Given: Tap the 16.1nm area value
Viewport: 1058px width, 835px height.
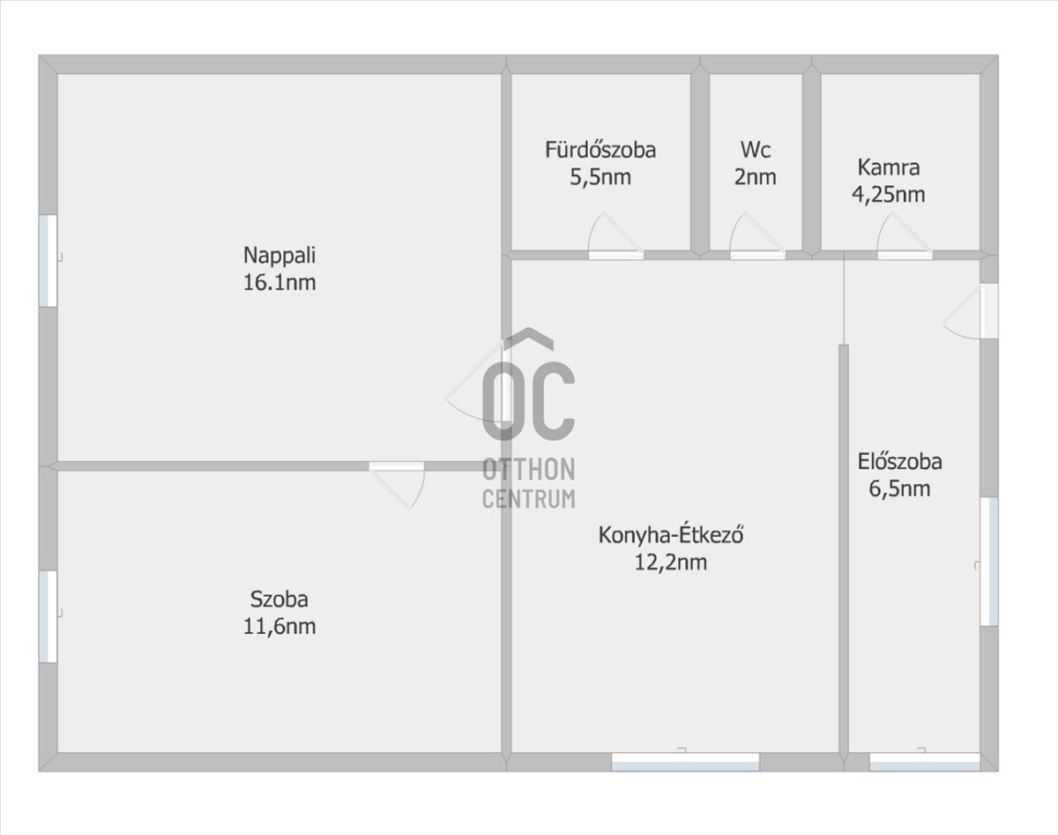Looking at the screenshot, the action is [279, 283].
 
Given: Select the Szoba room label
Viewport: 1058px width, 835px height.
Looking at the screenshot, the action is [279, 600].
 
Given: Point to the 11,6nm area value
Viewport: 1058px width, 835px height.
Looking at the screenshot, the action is [279, 627].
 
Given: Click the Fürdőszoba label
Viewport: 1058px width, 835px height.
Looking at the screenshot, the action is [600, 150].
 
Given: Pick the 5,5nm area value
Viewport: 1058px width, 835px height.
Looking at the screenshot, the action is [600, 177].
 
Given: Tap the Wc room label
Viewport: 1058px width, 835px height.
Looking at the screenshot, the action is [756, 150].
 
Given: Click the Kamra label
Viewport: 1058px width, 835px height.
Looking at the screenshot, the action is [889, 168].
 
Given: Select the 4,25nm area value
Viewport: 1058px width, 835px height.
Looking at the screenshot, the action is [889, 195].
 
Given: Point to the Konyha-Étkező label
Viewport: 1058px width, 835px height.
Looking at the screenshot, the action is [671, 535].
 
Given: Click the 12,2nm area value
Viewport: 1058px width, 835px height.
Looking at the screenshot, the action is [671, 563].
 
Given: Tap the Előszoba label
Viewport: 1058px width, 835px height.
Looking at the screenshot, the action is [899, 462].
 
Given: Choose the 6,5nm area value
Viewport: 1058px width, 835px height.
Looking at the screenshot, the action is [899, 489].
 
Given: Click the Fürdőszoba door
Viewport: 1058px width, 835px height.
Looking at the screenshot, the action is [616, 236].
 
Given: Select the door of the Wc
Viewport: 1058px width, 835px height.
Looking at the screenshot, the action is [757, 236].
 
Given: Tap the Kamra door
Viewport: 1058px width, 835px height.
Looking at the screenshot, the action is [905, 236].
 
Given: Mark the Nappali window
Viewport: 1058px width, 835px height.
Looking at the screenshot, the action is [48, 261].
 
